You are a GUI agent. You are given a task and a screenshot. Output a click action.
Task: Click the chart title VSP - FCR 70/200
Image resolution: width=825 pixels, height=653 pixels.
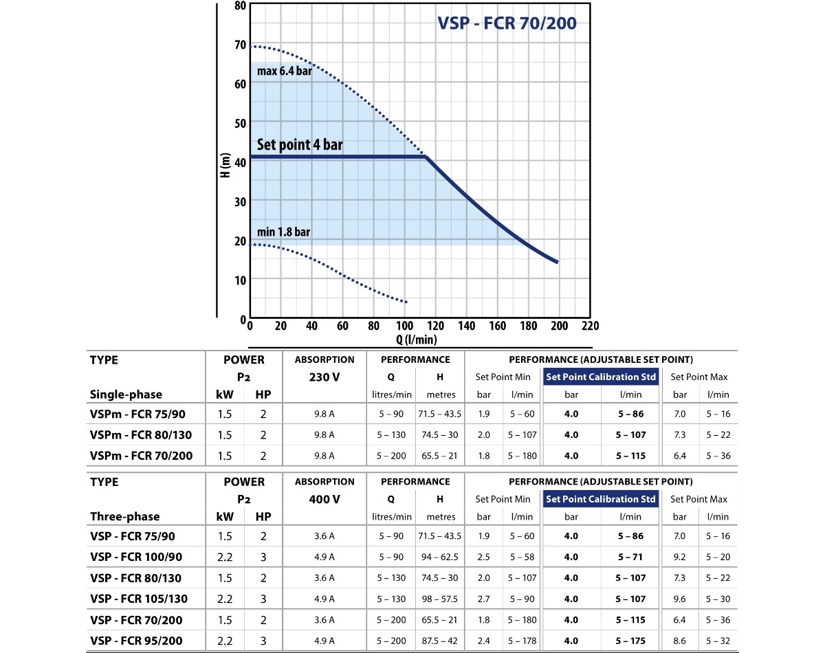tap(507, 23)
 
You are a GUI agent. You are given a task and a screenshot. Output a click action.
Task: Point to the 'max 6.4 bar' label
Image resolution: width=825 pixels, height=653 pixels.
tap(285, 71)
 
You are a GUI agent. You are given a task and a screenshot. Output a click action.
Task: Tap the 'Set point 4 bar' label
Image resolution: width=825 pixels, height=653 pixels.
tap(299, 146)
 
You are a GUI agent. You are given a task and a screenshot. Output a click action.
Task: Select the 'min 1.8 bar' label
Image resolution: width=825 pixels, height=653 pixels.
tap(283, 232)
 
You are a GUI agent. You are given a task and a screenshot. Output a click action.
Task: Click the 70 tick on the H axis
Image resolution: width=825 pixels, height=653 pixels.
tap(240, 45)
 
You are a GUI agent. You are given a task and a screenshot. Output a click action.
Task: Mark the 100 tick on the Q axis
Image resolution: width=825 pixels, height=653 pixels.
tap(405, 326)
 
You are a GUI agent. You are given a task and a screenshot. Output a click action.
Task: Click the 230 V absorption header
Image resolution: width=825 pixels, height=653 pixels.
tap(324, 377)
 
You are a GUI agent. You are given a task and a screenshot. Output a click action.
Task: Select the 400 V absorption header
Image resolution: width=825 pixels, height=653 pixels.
tap(324, 499)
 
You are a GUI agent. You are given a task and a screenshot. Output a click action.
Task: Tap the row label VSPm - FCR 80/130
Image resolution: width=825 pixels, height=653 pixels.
tap(141, 435)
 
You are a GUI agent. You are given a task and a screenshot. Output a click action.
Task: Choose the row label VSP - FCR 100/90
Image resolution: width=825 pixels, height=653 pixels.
tap(135, 557)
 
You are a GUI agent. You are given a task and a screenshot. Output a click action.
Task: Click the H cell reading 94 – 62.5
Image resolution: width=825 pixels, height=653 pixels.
tap(440, 557)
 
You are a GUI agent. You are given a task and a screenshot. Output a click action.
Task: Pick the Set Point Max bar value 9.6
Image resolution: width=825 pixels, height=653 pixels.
tap(680, 599)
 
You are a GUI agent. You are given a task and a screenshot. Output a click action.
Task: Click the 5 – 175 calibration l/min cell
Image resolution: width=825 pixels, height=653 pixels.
tap(630, 641)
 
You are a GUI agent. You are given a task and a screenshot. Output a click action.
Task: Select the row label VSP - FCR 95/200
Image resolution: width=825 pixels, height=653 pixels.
tap(135, 641)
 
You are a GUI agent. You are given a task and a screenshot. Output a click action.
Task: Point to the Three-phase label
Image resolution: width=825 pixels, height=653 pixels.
tap(124, 517)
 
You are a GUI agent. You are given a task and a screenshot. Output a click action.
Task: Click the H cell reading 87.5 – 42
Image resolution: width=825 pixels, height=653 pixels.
tap(440, 641)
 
